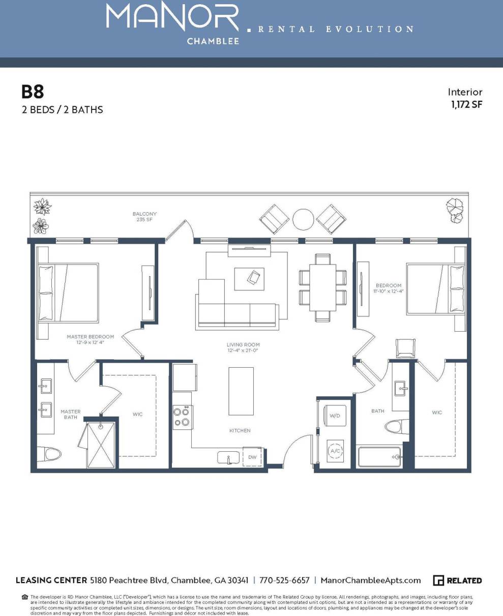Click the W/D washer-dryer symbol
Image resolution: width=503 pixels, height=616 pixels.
(335, 416)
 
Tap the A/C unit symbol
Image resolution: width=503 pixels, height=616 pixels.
(335, 451)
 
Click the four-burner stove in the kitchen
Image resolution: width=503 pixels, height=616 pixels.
(182, 417)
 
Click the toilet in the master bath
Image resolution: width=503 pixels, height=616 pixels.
(51, 453)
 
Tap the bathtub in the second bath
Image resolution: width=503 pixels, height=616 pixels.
(379, 457)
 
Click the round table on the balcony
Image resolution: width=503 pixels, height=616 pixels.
(303, 219)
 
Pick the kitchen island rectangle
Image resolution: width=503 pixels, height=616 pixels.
(241, 391)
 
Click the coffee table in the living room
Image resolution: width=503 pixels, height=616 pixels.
(249, 278)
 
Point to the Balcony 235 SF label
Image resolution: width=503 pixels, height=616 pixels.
(144, 217)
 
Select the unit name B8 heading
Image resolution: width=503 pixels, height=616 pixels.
(33, 92)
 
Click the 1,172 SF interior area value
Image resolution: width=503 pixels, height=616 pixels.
(466, 105)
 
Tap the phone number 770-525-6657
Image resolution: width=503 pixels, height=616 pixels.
(284, 580)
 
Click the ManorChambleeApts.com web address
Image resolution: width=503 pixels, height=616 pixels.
(371, 580)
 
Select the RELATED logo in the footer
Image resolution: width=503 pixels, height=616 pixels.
(457, 580)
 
